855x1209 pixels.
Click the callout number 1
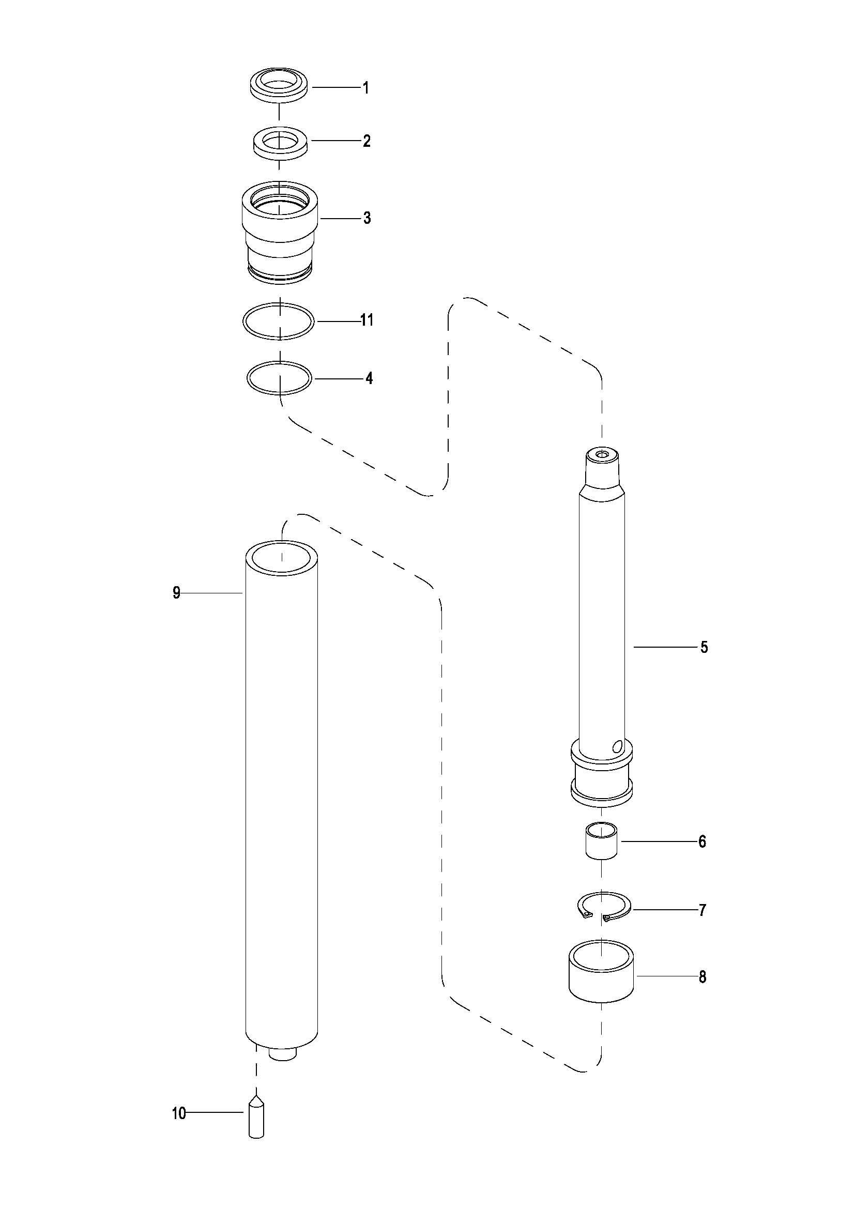(365, 87)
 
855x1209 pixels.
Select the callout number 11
(367, 319)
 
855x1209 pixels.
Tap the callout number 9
(176, 593)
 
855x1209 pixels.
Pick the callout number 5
(704, 647)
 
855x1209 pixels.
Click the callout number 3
(367, 218)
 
